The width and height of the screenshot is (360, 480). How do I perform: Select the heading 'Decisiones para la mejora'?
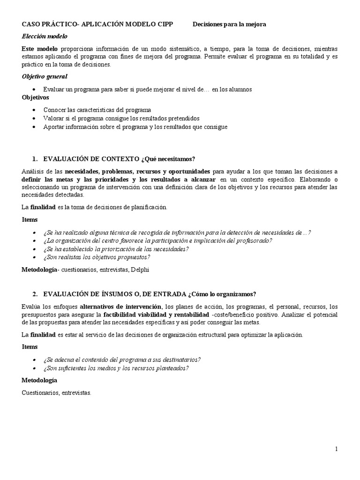point(230,24)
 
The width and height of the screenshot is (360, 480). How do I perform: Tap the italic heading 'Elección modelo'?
point(45,36)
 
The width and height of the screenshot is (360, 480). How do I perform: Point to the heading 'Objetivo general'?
point(45,76)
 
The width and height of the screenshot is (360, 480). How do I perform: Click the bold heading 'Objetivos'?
point(36,97)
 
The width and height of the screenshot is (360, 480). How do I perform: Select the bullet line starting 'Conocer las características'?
point(97,110)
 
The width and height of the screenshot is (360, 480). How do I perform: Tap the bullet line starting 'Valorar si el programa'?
point(121,118)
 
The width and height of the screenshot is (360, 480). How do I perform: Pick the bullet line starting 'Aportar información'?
point(135,127)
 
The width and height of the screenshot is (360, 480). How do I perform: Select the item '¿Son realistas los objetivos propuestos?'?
point(97,257)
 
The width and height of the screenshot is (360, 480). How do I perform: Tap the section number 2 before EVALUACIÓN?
point(35,294)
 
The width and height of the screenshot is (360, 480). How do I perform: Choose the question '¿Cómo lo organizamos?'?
point(222,294)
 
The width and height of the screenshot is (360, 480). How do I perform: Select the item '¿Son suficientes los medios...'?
point(116,368)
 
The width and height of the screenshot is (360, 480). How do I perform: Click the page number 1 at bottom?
point(336,449)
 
